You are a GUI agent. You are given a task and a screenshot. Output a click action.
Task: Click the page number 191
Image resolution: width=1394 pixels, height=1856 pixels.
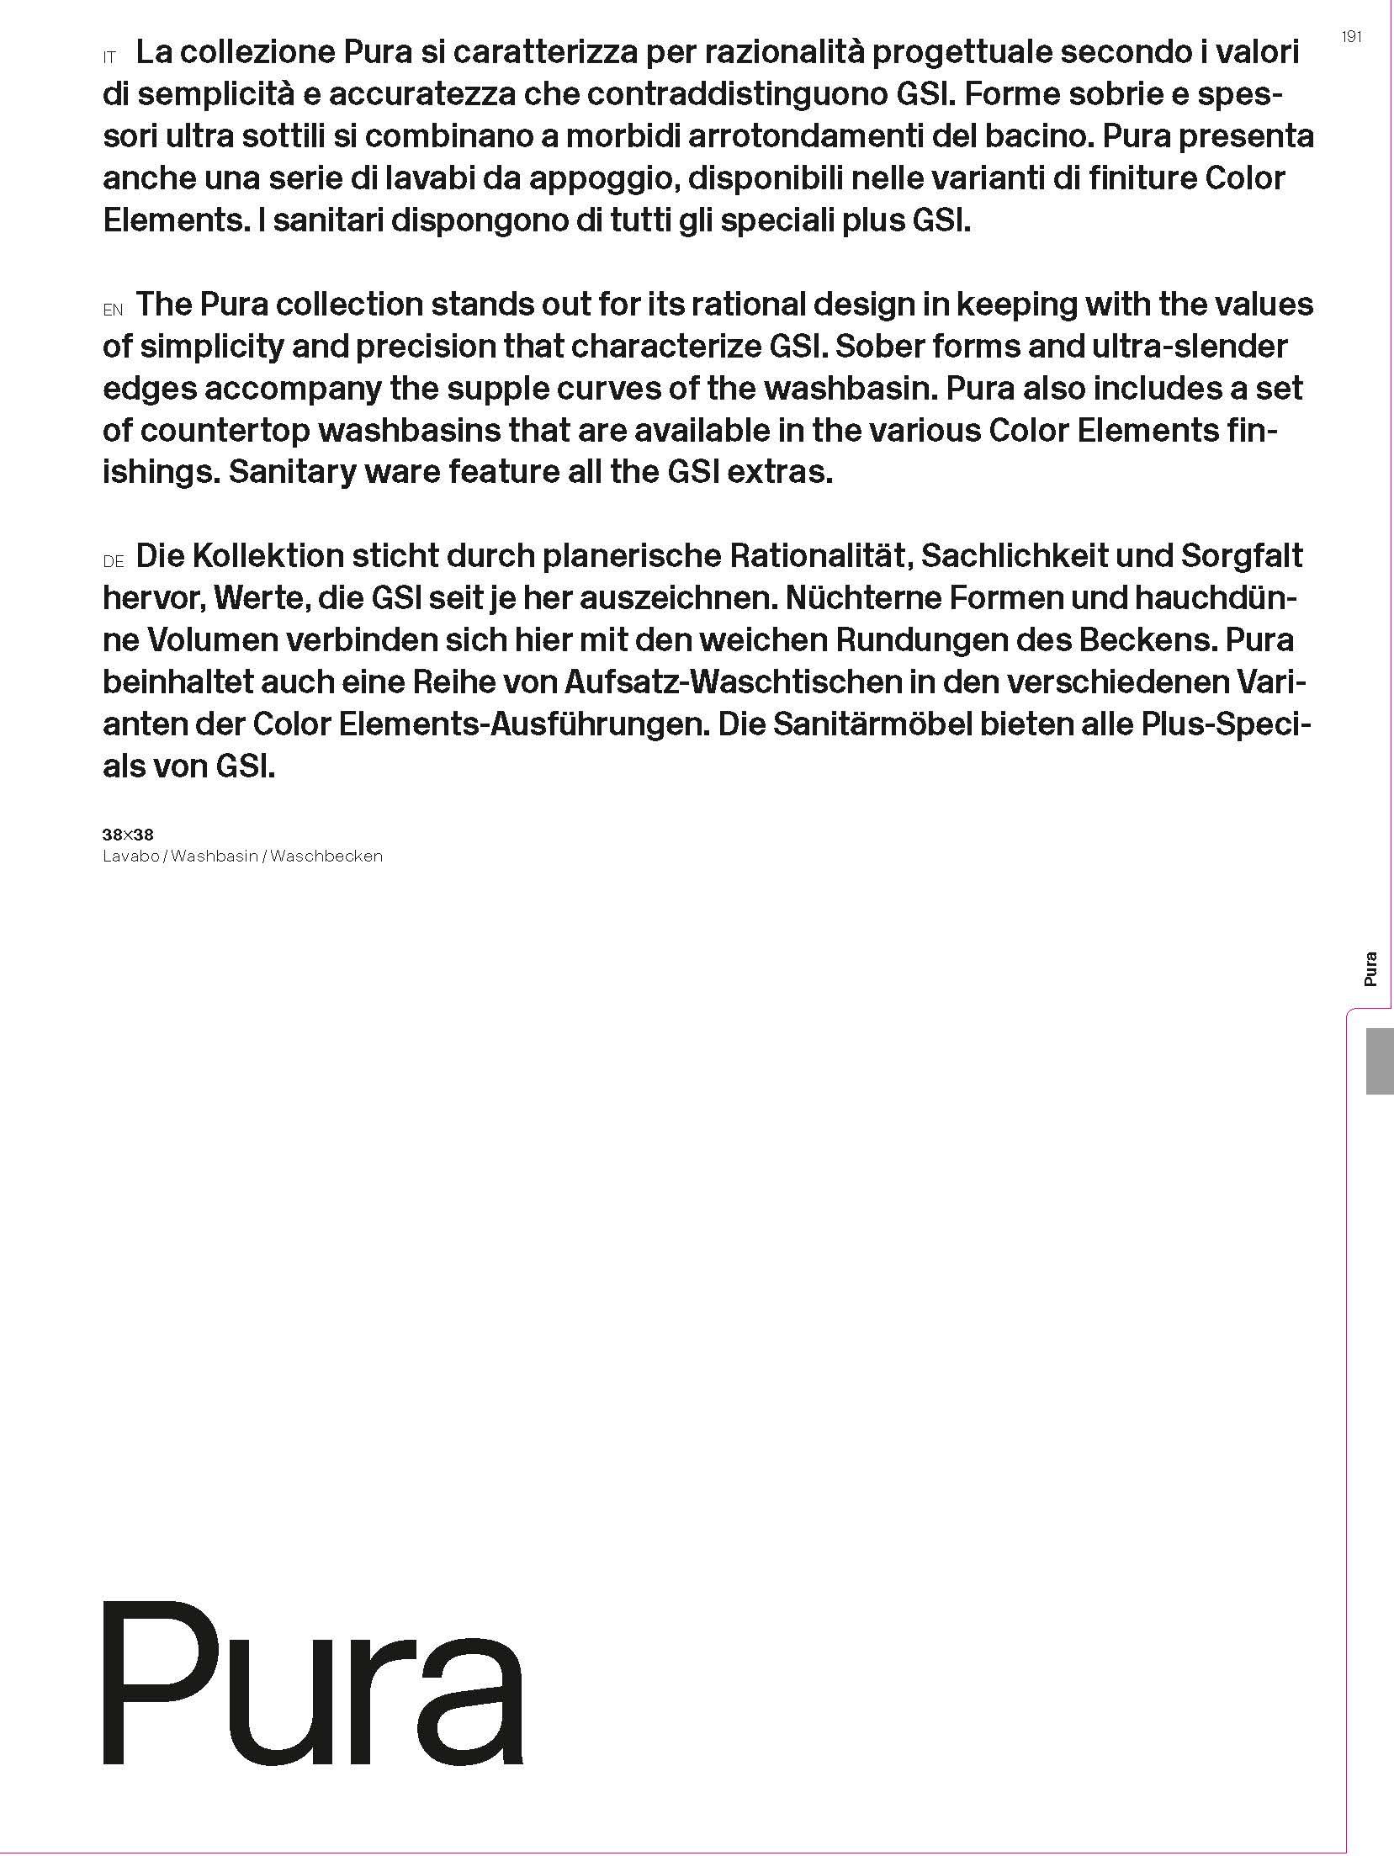pyautogui.click(x=1352, y=37)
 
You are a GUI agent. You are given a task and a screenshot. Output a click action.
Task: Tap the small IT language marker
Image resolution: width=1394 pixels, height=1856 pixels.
pyautogui.click(x=109, y=59)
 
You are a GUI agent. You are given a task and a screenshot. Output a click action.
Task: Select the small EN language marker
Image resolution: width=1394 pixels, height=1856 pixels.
pyautogui.click(x=113, y=310)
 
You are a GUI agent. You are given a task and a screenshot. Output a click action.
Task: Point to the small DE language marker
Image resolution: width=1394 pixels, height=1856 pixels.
pyautogui.click(x=114, y=562)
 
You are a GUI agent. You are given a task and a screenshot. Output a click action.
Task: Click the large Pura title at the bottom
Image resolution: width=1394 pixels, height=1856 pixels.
pyautogui.click(x=313, y=1682)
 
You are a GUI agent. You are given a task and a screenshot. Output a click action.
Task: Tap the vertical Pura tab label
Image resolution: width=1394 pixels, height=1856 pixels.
pyautogui.click(x=1370, y=968)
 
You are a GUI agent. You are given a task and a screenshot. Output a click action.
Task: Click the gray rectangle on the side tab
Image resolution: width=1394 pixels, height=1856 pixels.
pyautogui.click(x=1380, y=1061)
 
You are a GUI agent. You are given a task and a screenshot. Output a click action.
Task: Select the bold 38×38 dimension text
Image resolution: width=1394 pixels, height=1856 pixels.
pyautogui.click(x=128, y=835)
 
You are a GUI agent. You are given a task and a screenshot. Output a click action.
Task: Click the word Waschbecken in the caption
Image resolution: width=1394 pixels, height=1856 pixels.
pyautogui.click(x=326, y=856)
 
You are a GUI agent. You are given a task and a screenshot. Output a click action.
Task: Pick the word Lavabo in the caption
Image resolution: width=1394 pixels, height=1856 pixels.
pyautogui.click(x=130, y=856)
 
